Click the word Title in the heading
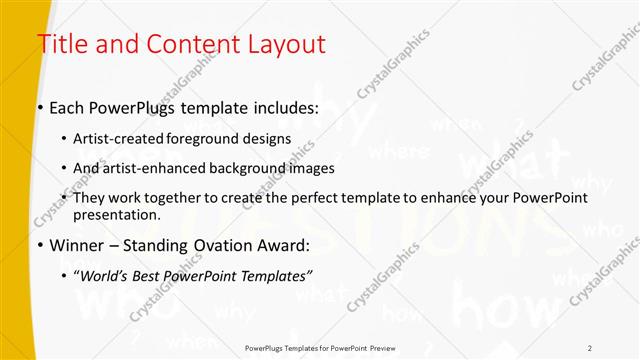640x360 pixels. (x=62, y=44)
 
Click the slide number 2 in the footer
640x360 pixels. (x=590, y=347)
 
